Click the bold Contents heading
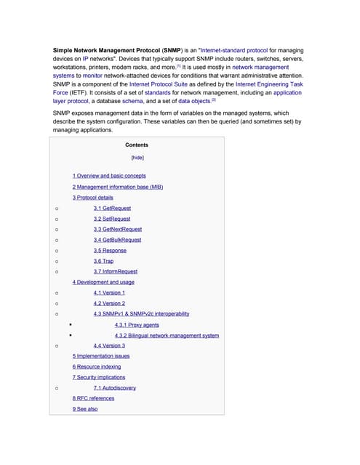[x=137, y=145]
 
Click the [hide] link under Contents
[x=137, y=157]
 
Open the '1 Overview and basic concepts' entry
[x=108, y=176]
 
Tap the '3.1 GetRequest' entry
[x=112, y=208]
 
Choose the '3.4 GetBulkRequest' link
[x=117, y=240]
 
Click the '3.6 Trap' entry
[x=103, y=261]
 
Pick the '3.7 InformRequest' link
[x=115, y=272]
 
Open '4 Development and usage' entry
[x=103, y=282]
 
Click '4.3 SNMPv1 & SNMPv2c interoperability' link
[x=141, y=314]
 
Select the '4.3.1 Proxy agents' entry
[x=137, y=325]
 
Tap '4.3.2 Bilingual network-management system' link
[x=167, y=336]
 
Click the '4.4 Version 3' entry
[x=109, y=346]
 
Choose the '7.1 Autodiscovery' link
[x=114, y=388]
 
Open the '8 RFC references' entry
[x=93, y=399]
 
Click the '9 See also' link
[x=84, y=410]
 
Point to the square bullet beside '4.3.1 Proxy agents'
[x=71, y=325]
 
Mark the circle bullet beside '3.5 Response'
[x=56, y=251]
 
